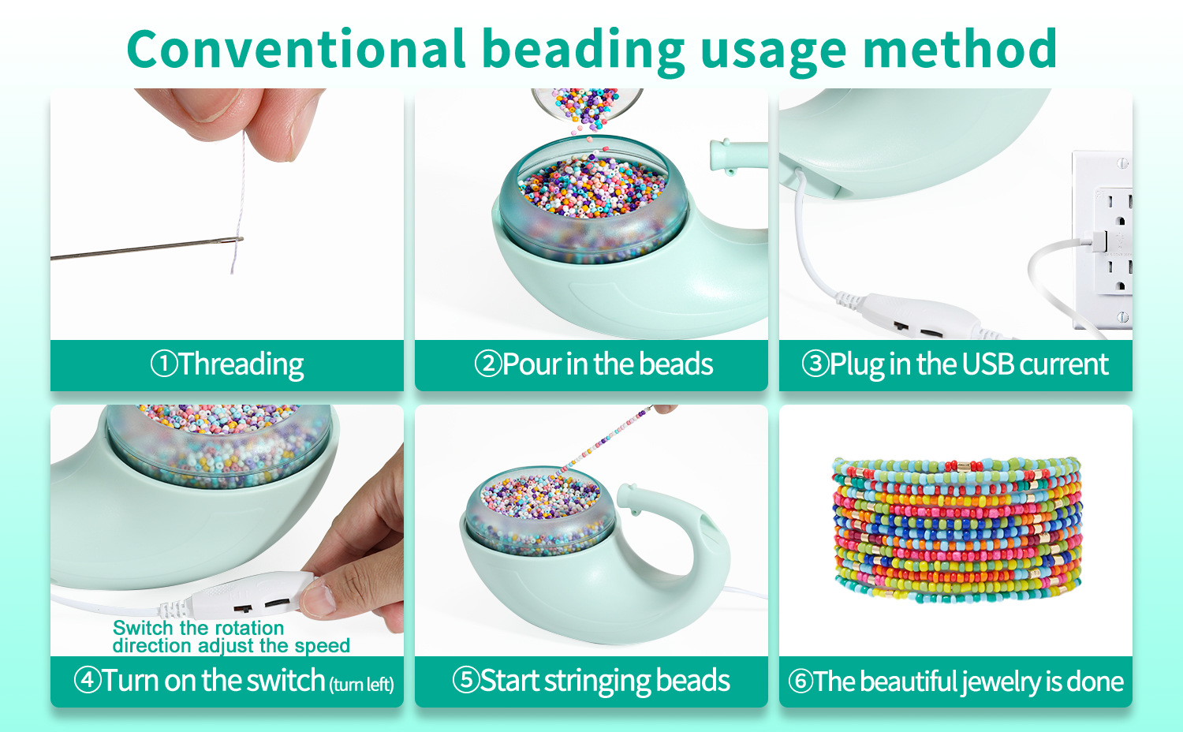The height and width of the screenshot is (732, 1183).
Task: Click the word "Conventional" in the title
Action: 296,49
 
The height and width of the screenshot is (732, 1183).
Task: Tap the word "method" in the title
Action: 960,49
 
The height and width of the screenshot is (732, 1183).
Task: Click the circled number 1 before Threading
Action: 164,364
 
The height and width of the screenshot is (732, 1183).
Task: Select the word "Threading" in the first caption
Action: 241,364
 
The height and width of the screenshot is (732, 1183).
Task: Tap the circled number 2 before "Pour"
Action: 487,364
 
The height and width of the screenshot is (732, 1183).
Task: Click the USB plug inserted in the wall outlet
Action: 1099,242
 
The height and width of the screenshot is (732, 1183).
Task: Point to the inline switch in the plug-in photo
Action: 919,316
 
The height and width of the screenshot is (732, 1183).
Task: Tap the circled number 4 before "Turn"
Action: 87,680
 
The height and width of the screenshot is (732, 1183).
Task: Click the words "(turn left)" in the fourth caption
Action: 362,685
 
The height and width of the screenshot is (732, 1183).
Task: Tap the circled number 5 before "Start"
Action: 466,680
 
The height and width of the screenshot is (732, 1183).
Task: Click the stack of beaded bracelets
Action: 957,530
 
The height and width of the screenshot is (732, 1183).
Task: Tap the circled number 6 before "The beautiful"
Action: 801,681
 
